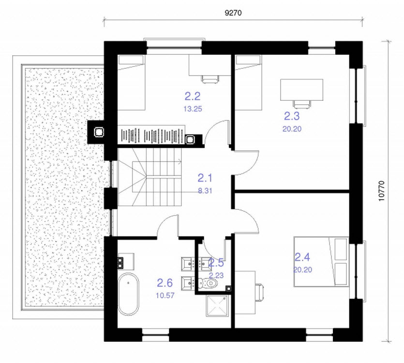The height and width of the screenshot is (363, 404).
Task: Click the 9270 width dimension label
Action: tap(233, 13)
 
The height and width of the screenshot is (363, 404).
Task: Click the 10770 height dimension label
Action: tap(381, 191)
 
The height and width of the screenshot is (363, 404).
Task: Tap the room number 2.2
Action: tap(193, 96)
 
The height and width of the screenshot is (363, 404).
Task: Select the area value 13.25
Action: tap(193, 109)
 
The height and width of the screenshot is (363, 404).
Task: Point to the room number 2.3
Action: tap(292, 116)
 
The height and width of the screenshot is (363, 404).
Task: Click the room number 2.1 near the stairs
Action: tap(205, 178)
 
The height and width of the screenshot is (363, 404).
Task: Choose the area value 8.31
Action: tap(205, 191)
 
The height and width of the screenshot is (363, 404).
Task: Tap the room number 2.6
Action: tap(165, 283)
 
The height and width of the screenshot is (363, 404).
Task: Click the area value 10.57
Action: tap(165, 296)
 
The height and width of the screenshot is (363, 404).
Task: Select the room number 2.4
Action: tap(302, 257)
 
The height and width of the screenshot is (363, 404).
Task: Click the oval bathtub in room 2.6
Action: tap(128, 294)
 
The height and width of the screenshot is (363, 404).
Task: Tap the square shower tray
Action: tap(217, 306)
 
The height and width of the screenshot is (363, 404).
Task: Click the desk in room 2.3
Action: tap(301, 90)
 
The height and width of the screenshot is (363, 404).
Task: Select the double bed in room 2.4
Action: tap(321, 262)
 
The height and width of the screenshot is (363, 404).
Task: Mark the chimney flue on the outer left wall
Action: tap(98, 132)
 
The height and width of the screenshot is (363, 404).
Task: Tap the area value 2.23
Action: tap(216, 276)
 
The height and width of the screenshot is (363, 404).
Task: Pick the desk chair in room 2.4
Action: tap(259, 293)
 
